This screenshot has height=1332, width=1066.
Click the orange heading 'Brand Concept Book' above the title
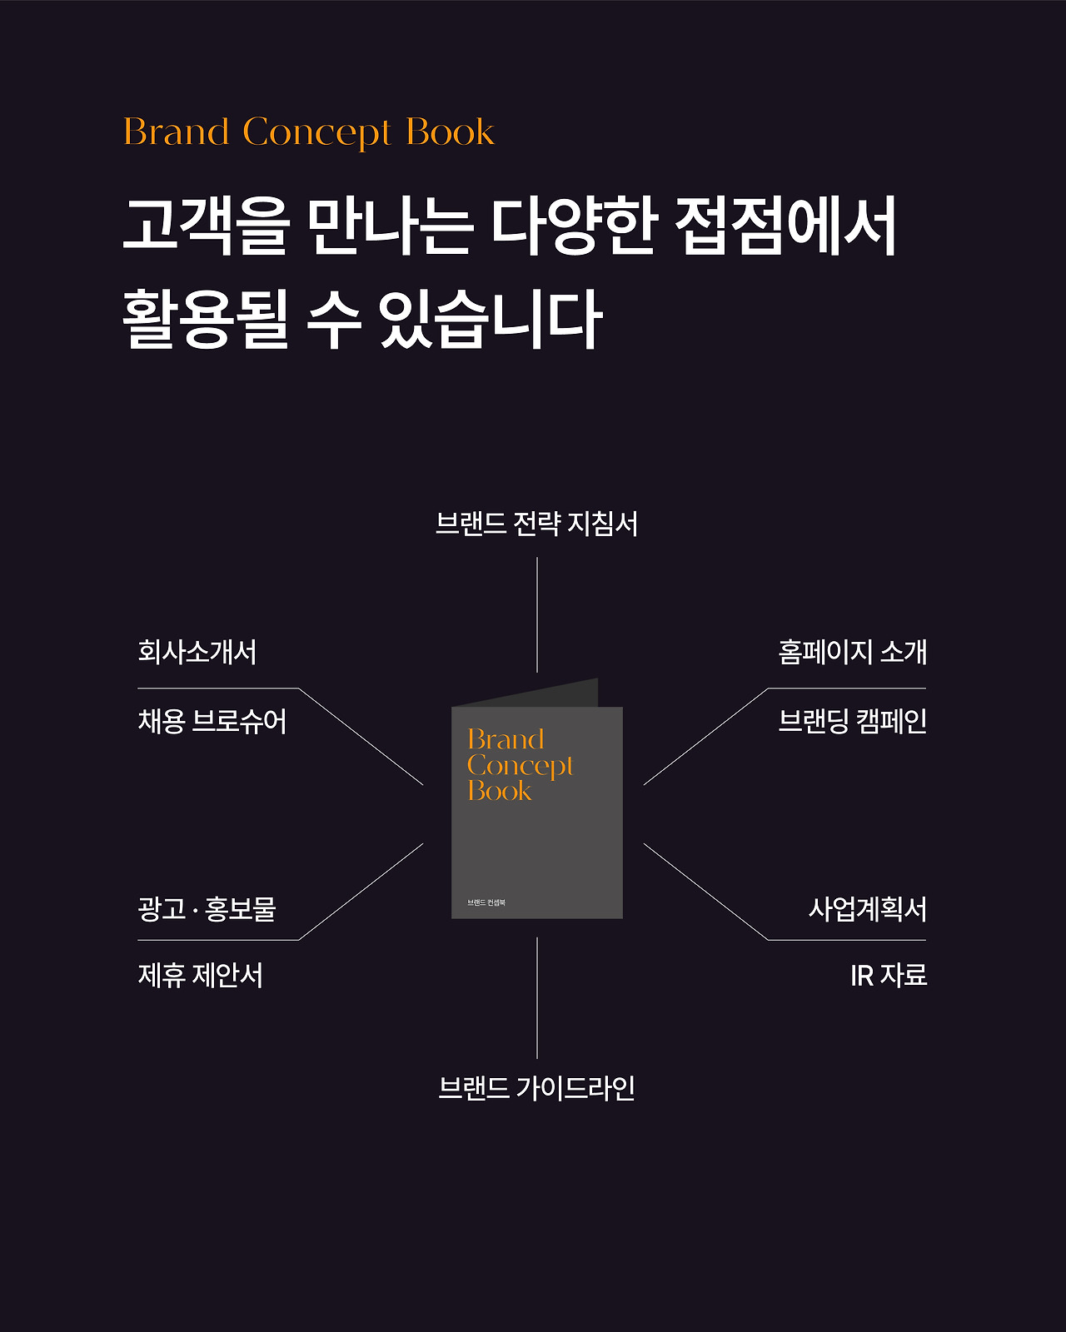(x=309, y=132)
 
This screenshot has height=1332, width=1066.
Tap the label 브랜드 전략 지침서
(x=536, y=524)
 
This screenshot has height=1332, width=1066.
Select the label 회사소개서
(x=197, y=652)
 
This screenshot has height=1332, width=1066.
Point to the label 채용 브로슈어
(x=212, y=721)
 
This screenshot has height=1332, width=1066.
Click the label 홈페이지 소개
(x=852, y=652)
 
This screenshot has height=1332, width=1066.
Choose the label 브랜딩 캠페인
(x=852, y=721)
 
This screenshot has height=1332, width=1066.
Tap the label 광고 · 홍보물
(x=207, y=908)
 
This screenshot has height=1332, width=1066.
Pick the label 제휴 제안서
(x=201, y=976)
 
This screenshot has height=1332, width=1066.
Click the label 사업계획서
(x=867, y=908)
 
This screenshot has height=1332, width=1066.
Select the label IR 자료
(x=889, y=976)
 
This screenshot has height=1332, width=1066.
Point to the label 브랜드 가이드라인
(x=536, y=1088)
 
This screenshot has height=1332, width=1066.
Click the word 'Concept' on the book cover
(x=521, y=766)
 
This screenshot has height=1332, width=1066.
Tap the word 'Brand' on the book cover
(x=506, y=739)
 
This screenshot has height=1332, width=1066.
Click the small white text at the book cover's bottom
(x=486, y=902)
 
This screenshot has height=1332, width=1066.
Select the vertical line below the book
(x=537, y=997)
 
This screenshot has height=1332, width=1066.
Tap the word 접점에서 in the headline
(x=786, y=226)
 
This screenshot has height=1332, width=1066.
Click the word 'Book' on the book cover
(x=500, y=791)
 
